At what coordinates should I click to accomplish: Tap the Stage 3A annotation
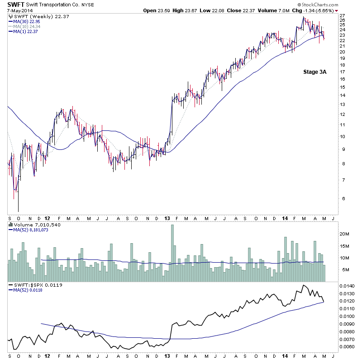(314, 72)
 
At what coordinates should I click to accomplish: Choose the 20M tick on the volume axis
(344, 234)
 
